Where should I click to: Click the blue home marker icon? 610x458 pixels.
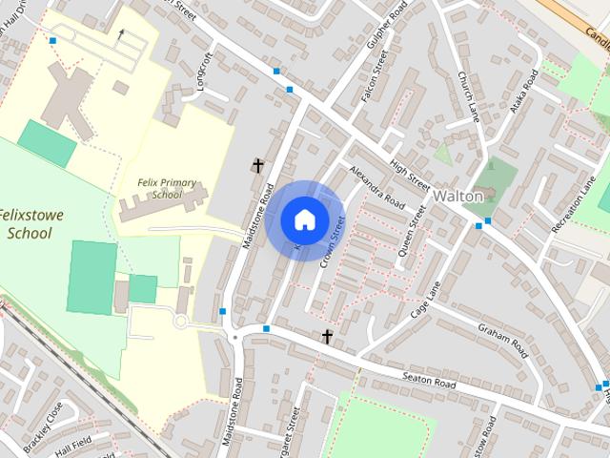[x=303, y=219]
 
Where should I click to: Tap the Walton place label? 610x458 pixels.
[x=458, y=195]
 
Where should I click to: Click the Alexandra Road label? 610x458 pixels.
[x=376, y=186]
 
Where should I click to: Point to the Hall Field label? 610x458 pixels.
[x=74, y=448]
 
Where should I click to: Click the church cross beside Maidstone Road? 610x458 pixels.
[x=257, y=165]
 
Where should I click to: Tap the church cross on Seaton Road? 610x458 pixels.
[x=327, y=336]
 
